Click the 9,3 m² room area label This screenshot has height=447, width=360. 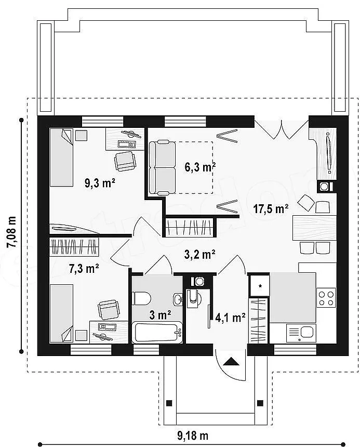(100, 183)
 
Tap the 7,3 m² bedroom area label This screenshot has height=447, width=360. (84, 268)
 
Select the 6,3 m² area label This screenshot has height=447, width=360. (200, 167)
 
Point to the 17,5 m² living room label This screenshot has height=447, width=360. (271, 209)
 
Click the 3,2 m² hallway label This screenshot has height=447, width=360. (199, 254)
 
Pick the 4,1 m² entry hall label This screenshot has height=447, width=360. (231, 318)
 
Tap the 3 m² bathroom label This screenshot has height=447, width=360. (160, 315)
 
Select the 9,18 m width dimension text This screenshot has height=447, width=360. (193, 436)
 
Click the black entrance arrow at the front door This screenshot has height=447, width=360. (231, 362)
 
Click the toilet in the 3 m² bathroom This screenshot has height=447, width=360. (141, 298)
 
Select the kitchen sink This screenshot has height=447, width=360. (301, 333)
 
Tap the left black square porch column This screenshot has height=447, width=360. (169, 403)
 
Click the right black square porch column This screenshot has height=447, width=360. (260, 403)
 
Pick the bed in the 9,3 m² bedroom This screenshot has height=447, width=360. (61, 157)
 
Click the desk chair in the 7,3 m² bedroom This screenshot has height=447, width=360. (108, 310)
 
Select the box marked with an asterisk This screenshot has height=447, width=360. (259, 285)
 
